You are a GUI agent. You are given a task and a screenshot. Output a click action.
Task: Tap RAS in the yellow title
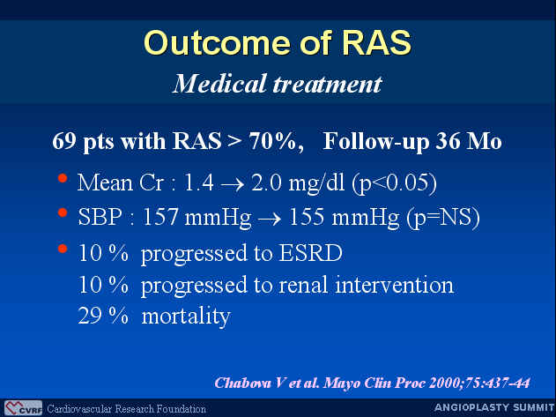377,42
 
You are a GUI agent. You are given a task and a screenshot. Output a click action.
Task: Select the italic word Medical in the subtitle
219,84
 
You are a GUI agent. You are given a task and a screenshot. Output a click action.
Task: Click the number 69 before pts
64,141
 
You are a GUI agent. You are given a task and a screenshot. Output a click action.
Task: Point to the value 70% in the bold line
272,141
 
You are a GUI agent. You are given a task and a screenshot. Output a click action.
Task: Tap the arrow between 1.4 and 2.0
233,184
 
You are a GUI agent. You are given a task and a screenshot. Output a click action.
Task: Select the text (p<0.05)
394,183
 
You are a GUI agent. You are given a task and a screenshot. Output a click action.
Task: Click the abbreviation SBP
100,217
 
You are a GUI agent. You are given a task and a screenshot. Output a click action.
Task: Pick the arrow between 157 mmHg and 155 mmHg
270,219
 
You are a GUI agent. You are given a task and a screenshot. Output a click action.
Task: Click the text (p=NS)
443,217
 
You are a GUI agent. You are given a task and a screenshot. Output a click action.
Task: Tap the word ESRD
311,253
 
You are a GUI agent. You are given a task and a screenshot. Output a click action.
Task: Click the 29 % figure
103,316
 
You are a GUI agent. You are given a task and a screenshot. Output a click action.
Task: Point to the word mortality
186,316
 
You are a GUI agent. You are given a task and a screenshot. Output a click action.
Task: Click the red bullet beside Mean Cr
63,178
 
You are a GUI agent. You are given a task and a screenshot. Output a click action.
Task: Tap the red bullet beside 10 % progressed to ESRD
63,249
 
